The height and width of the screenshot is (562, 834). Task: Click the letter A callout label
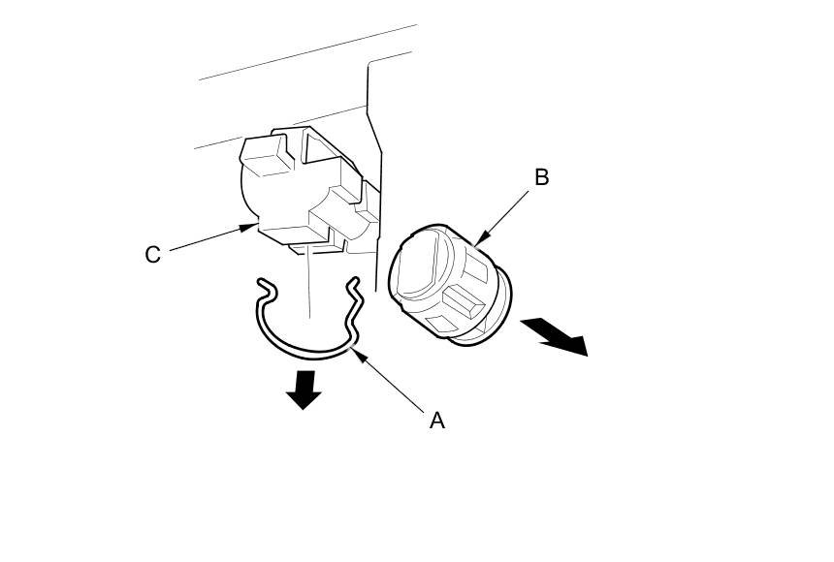pyautogui.click(x=437, y=420)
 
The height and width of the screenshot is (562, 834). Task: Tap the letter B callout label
pyautogui.click(x=541, y=177)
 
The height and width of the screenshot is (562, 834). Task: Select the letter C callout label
pyautogui.click(x=152, y=254)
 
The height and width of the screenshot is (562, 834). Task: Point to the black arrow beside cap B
pyautogui.click(x=555, y=335)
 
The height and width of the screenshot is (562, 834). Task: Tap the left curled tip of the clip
pyautogui.click(x=263, y=283)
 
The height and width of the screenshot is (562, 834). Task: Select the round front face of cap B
pyautogui.click(x=419, y=262)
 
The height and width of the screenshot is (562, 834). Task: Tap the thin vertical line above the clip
pyautogui.click(x=308, y=281)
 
